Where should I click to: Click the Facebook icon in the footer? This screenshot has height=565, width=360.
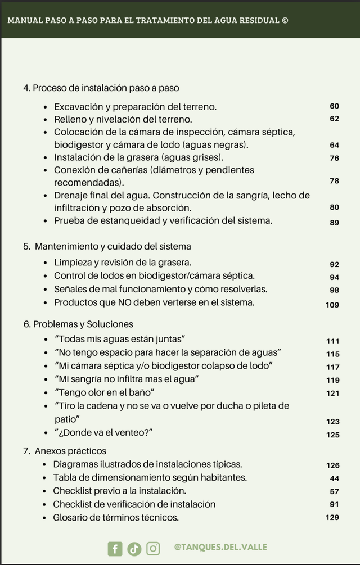click(115, 548)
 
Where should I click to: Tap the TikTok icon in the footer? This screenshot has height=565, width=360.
click(134, 548)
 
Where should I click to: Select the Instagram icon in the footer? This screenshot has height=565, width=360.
click(153, 548)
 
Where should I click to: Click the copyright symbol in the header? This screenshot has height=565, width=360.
click(285, 21)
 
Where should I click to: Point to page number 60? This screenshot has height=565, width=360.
click(334, 106)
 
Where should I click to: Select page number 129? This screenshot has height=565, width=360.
click(332, 517)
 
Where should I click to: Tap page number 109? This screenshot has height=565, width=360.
click(332, 305)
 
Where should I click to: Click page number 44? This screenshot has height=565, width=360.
click(335, 478)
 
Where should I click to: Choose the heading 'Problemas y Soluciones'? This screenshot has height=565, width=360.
click(83, 324)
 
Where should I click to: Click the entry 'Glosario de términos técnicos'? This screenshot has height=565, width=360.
click(115, 517)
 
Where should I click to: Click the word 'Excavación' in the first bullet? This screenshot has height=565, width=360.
click(78, 106)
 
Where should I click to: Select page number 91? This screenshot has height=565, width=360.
click(335, 504)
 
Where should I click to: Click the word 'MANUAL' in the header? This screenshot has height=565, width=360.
click(23, 21)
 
